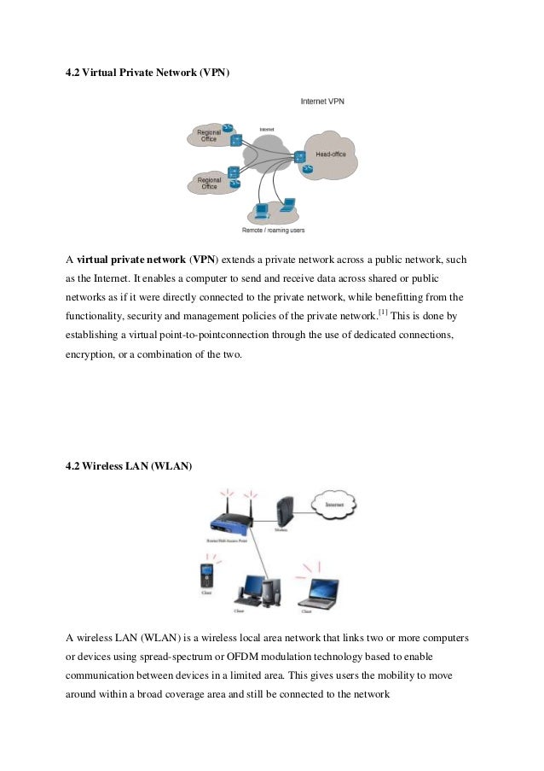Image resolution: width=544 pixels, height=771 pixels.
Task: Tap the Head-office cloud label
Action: (x=330, y=155)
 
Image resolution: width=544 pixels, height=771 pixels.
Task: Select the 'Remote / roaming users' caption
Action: (x=273, y=230)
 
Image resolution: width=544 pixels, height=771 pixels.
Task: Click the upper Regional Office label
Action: (x=209, y=136)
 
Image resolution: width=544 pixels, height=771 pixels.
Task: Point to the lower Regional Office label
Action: (x=208, y=183)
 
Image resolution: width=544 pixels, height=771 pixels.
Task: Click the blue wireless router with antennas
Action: (x=224, y=522)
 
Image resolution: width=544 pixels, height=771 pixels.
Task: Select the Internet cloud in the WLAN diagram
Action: (x=335, y=505)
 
